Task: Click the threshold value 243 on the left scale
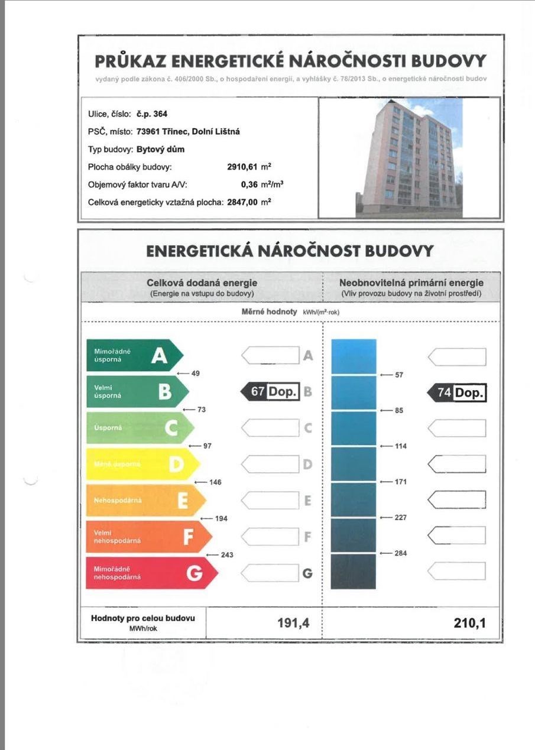click(226, 555)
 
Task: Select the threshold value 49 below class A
click(196, 374)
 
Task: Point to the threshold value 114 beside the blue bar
click(400, 446)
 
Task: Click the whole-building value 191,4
click(293, 622)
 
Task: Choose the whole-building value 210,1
click(470, 622)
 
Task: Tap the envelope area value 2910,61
click(243, 167)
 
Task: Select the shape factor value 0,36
click(251, 184)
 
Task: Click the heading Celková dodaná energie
click(202, 283)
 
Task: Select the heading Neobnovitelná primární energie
click(411, 283)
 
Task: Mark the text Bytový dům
click(160, 150)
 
